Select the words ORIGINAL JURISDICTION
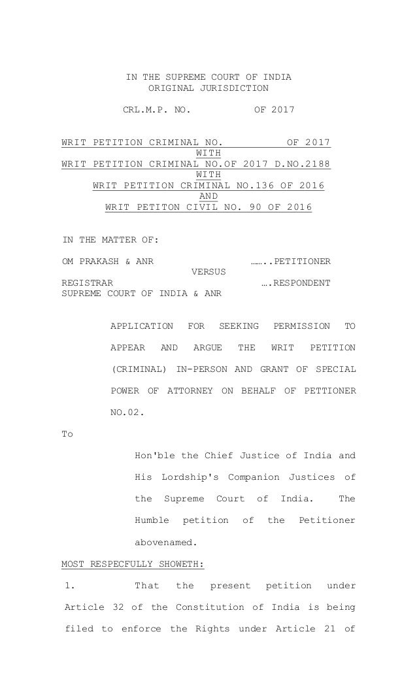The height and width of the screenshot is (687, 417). coord(208,88)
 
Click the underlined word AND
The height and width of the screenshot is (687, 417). coord(208,196)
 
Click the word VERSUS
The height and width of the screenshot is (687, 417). coord(208,272)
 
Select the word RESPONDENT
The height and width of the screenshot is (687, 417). coord(302,283)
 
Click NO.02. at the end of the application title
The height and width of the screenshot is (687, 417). coord(126,412)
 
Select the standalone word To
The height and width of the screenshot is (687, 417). coord(67,434)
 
